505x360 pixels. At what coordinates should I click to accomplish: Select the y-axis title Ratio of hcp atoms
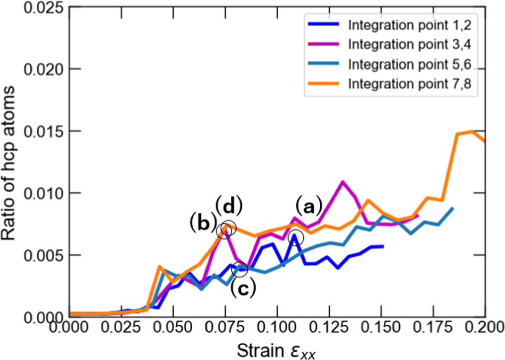point(11,164)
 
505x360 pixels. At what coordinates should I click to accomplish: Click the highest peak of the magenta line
point(343,182)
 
